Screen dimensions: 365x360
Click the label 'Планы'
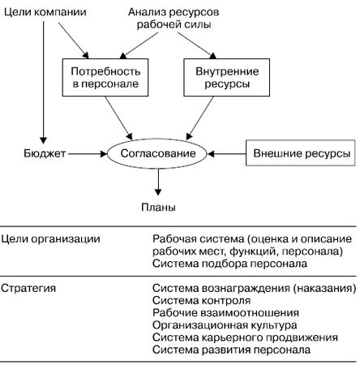pos(158,208)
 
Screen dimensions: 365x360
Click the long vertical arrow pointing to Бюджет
pos(42,81)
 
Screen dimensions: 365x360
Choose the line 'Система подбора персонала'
pos(229,263)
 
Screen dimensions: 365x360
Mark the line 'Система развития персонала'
pos(231,349)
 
